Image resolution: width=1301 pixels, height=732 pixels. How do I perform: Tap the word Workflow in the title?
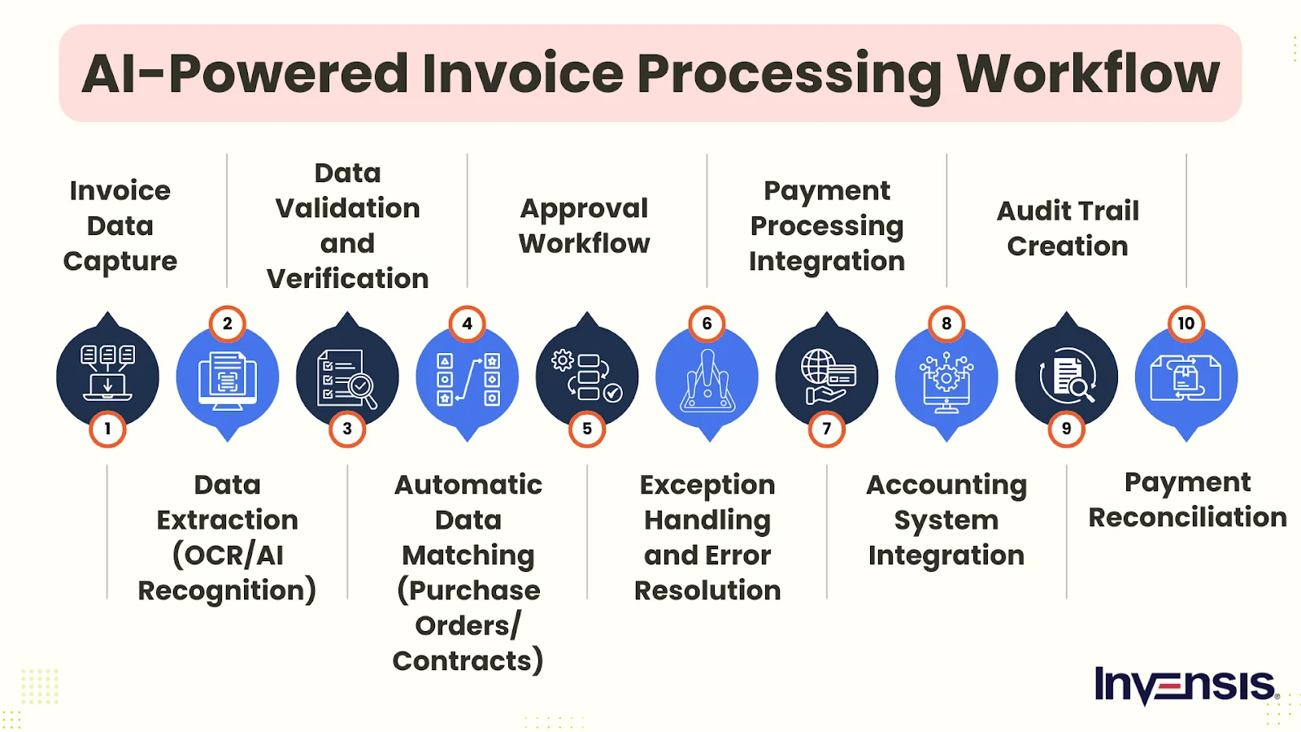tap(1089, 73)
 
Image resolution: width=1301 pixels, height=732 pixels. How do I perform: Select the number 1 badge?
tap(107, 429)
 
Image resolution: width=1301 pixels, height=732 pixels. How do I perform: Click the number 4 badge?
tap(467, 324)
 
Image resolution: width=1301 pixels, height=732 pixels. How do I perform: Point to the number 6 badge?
tap(707, 324)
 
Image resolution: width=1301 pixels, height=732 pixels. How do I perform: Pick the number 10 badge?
tap(1186, 324)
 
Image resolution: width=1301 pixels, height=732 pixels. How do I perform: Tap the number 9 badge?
tap(1066, 429)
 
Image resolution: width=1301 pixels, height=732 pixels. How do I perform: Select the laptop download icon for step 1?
tap(107, 373)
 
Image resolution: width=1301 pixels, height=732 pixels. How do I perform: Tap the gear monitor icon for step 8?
tap(946, 381)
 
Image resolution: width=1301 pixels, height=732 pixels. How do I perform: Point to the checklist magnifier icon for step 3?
tap(346, 379)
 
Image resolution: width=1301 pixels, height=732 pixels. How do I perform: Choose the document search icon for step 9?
tap(1068, 375)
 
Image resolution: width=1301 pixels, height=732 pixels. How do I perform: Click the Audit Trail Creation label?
tap(1068, 229)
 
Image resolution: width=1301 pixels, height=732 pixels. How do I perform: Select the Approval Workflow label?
tap(585, 226)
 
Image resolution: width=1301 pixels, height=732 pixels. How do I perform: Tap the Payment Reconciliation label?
tap(1187, 500)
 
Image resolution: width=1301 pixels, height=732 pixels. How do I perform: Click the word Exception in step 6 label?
tap(707, 485)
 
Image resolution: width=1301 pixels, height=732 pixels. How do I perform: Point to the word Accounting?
tap(946, 486)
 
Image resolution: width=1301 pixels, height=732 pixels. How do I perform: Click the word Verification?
tap(347, 279)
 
